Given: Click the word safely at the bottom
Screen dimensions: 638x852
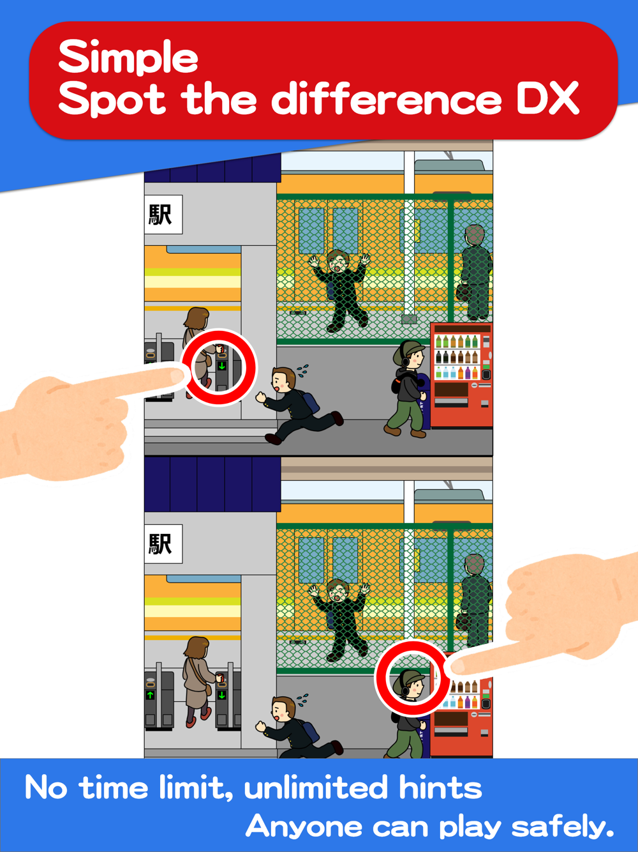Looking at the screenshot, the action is (563, 826).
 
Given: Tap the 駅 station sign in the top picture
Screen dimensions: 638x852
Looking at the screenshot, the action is (163, 214).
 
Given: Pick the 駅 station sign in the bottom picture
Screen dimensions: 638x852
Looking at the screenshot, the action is (163, 544).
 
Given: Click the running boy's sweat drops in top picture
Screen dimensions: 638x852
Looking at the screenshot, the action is (302, 370).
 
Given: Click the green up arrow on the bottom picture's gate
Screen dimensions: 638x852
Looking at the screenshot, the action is (151, 696).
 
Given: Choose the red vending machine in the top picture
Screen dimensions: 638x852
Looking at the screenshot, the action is (461, 375).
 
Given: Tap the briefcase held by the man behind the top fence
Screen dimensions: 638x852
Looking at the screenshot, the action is (463, 293).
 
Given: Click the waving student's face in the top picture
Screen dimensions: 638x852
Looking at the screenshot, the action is (338, 264).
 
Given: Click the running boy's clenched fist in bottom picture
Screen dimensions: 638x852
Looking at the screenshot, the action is (260, 726).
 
